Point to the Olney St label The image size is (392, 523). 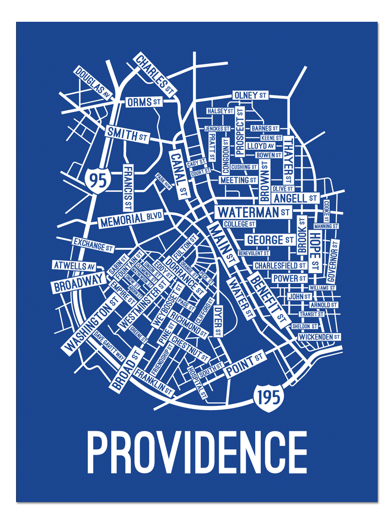click(250, 95)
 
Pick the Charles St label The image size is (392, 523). click(155, 74)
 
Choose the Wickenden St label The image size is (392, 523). click(319, 337)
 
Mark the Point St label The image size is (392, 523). click(244, 365)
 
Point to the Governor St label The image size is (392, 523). click(332, 261)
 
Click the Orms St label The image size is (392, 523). click(144, 102)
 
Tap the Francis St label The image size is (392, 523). click(128, 187)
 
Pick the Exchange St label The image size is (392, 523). click(92, 244)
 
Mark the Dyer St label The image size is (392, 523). click(218, 321)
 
